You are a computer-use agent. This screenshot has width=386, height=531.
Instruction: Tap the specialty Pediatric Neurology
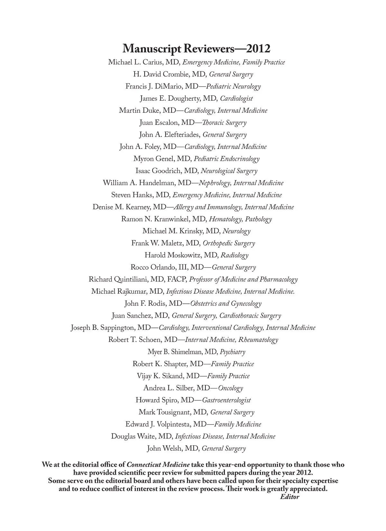point(233,86)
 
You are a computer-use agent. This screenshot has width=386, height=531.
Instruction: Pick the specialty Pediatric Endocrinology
point(226,159)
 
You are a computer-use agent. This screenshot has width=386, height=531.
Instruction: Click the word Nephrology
point(215,183)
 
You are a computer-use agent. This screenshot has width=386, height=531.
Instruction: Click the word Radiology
point(234,255)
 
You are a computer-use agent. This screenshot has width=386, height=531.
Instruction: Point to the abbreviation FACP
point(176,279)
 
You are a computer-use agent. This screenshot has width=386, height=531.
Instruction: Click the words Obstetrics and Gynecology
point(226,303)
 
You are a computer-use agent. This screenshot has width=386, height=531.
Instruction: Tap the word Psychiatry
point(232,352)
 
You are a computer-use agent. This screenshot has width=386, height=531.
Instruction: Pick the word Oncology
point(230,388)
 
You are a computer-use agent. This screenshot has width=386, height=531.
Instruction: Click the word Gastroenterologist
point(226,400)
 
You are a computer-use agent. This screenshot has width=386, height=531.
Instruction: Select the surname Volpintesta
point(173,424)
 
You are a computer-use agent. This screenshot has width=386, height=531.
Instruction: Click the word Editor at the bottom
point(289,497)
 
